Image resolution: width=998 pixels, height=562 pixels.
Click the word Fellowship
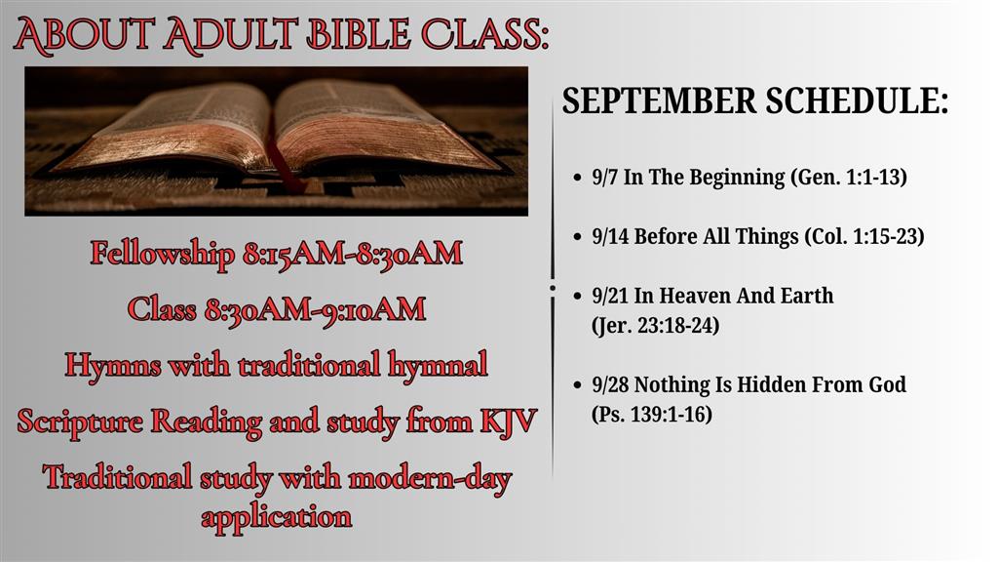(163, 254)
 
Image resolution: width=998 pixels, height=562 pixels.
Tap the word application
(276, 517)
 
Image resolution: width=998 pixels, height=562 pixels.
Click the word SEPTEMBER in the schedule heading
(660, 101)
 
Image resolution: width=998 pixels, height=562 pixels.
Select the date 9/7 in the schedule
(604, 178)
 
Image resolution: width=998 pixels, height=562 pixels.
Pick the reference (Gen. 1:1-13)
(849, 178)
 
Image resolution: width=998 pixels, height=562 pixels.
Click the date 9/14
(610, 237)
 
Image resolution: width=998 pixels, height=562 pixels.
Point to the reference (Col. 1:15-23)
(864, 237)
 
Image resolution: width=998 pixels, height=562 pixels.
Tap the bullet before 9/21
(578, 297)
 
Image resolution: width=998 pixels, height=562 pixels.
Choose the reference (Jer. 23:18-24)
(656, 326)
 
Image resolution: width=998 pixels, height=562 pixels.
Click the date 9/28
(610, 384)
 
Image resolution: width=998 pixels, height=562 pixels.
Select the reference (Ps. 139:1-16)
(652, 415)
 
